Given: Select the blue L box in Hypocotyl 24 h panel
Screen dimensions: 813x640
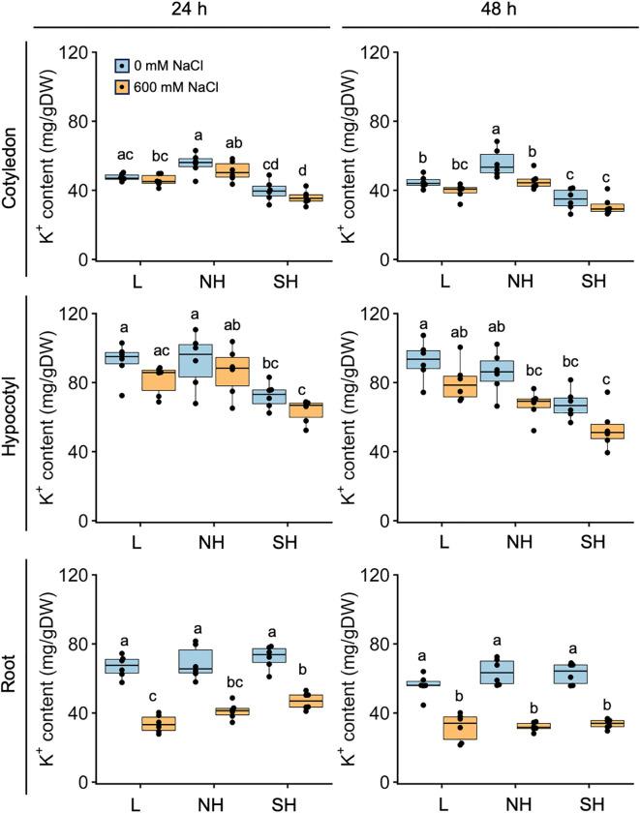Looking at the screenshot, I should click(x=121, y=357).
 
